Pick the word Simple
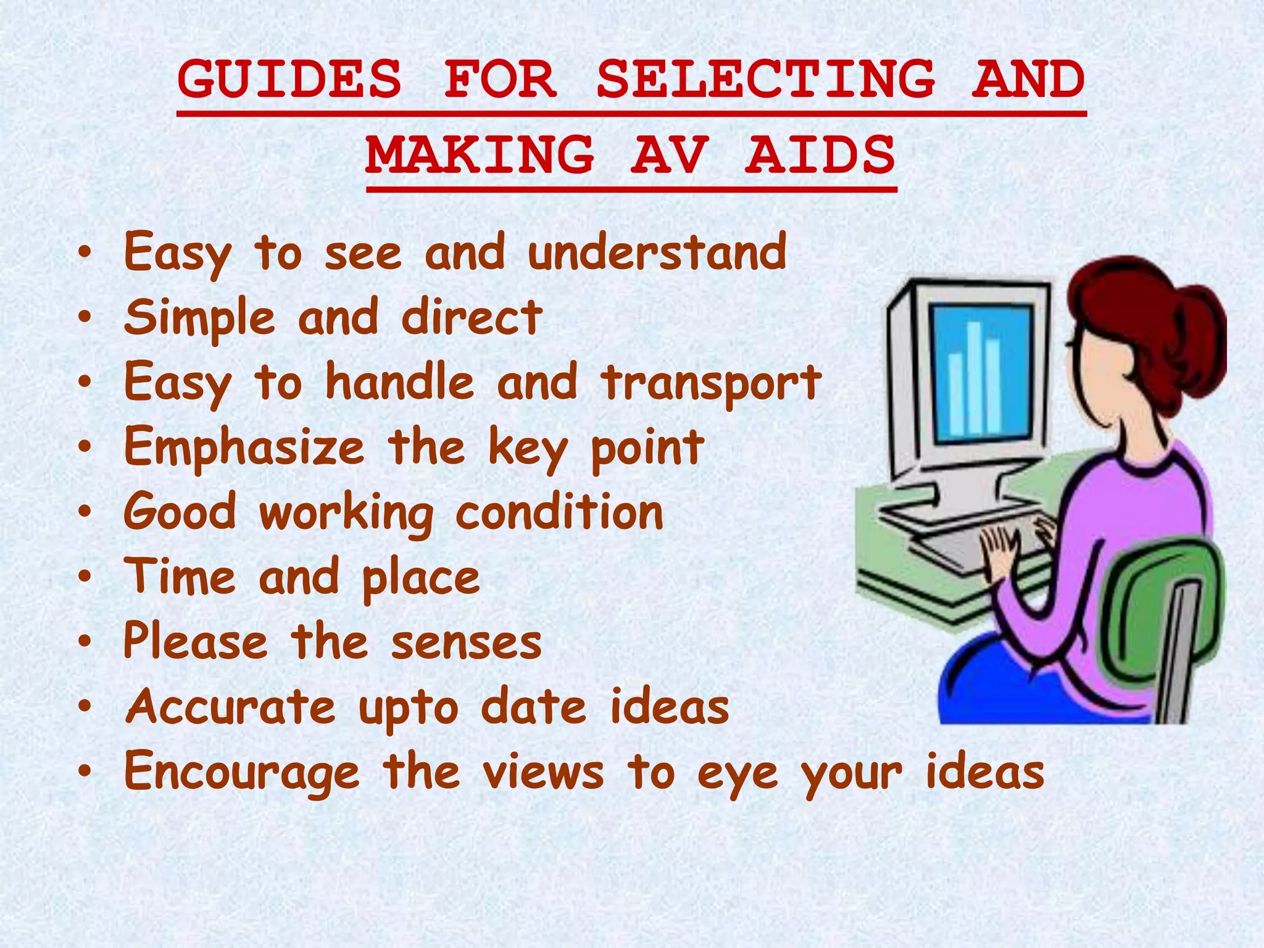199,318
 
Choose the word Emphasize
244,448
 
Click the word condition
559,512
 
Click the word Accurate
230,707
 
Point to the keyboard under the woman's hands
963,543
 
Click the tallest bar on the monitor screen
974,376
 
